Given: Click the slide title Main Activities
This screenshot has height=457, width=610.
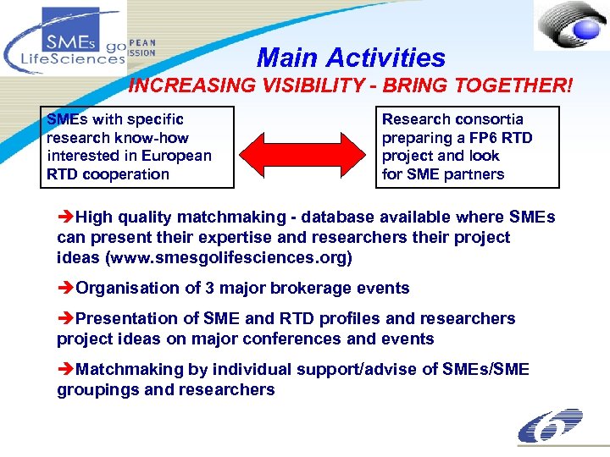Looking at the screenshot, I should pos(350,58).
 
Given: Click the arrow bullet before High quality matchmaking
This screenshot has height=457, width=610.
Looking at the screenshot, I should pos(66,217).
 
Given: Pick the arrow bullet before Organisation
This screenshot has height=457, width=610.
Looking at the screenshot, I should pos(66,288).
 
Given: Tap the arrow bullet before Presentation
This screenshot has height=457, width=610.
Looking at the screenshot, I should pos(66,318).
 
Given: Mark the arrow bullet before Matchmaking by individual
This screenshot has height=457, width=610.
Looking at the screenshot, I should pos(66,369).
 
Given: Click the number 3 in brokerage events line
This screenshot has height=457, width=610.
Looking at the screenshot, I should pos(210,288).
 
